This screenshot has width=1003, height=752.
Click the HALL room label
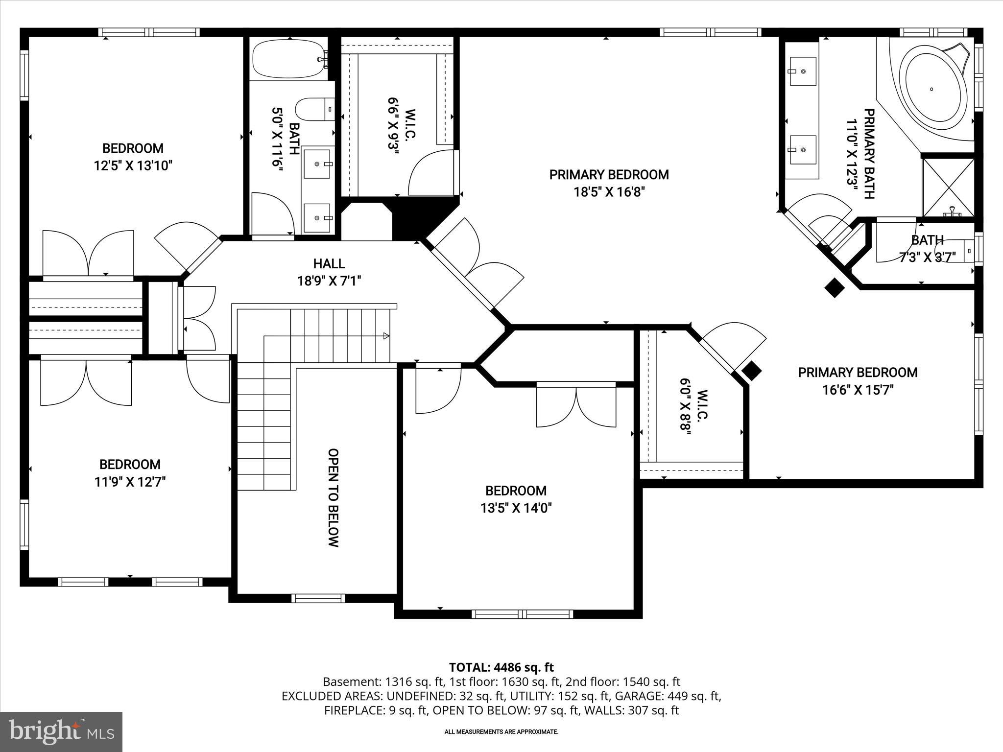[329, 263]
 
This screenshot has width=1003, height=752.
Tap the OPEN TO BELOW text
[333, 497]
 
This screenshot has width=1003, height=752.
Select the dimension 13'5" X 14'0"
[516, 508]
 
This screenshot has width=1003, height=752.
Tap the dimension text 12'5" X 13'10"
[133, 165]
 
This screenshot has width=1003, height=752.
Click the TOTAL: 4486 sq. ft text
[501, 667]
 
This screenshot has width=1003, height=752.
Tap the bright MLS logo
[61, 731]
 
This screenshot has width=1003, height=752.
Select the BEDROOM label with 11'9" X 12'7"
[130, 464]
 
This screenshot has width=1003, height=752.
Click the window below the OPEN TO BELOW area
[318, 598]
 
